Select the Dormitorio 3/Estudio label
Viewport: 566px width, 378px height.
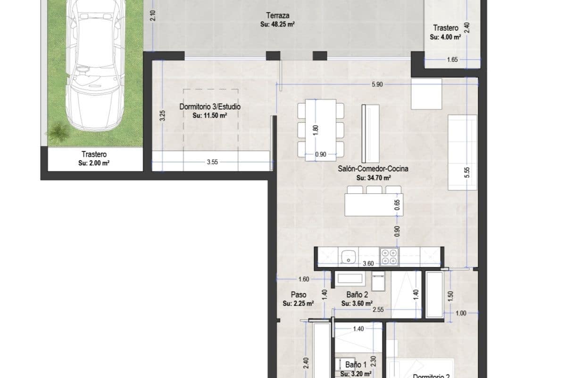pos(210,107)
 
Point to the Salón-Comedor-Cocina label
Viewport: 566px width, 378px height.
pos(373,169)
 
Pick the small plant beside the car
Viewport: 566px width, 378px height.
pos(58,133)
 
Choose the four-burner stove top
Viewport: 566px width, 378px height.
pos(390,257)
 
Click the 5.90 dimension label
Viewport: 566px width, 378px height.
pos(377,85)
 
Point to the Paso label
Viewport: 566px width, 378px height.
pos(298,295)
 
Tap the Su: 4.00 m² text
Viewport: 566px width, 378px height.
pos(446,37)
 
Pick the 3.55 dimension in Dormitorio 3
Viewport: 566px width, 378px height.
pos(212,163)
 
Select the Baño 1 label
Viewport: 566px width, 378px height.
pos(356,365)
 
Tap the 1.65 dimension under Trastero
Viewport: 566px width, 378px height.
pos(452,60)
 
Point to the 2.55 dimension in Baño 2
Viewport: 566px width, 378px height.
pos(377,310)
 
